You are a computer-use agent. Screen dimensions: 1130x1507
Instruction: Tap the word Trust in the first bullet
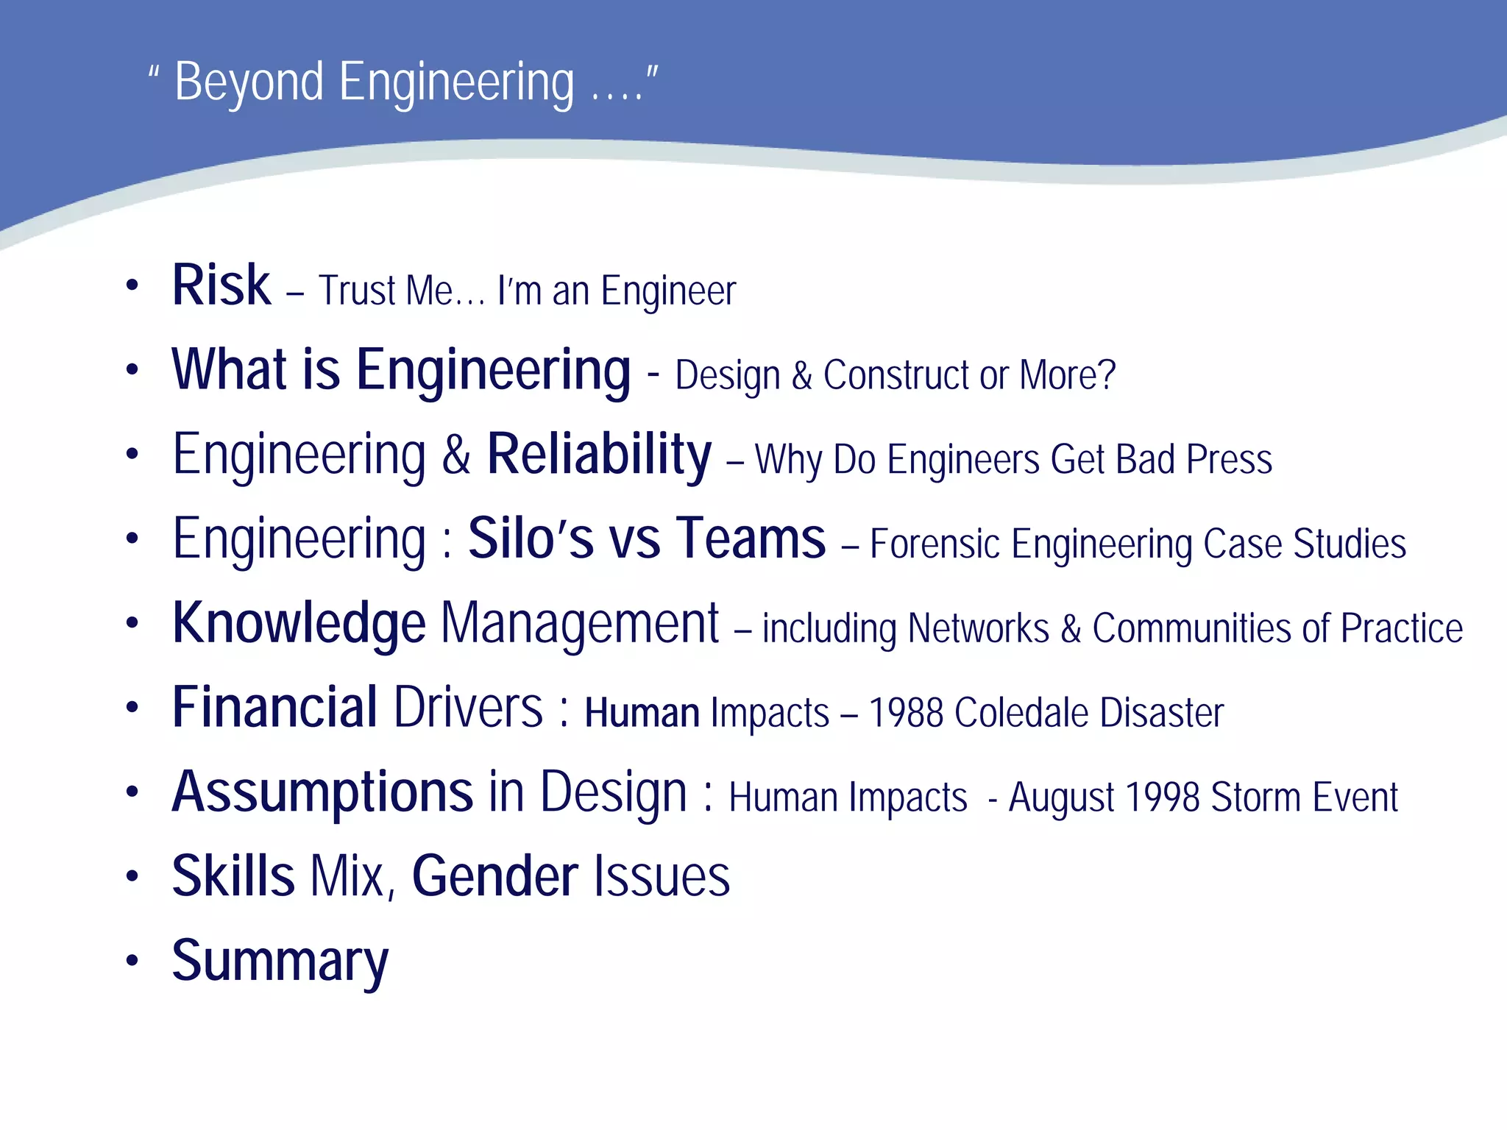pyautogui.click(x=357, y=291)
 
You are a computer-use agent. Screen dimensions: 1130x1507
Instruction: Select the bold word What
pyautogui.click(x=228, y=369)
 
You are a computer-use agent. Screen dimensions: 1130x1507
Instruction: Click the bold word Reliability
pyautogui.click(x=599, y=455)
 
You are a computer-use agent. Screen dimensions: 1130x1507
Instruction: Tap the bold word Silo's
pyautogui.click(x=531, y=539)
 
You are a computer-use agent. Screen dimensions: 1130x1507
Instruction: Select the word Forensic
pyautogui.click(x=934, y=544)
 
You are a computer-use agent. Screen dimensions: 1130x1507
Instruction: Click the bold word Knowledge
pyautogui.click(x=299, y=623)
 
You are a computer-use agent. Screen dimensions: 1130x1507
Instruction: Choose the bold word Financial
pyautogui.click(x=274, y=708)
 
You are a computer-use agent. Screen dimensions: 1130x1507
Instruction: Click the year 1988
pyautogui.click(x=905, y=713)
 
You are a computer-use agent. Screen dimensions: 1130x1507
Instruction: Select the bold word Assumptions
pyautogui.click(x=322, y=793)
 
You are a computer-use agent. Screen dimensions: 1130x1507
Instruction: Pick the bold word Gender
pyautogui.click(x=494, y=877)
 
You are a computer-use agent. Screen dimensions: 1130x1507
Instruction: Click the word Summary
pyautogui.click(x=280, y=962)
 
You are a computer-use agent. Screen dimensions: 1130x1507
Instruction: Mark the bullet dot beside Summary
pyautogui.click(x=132, y=960)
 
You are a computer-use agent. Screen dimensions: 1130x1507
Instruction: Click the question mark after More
pyautogui.click(x=1107, y=375)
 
